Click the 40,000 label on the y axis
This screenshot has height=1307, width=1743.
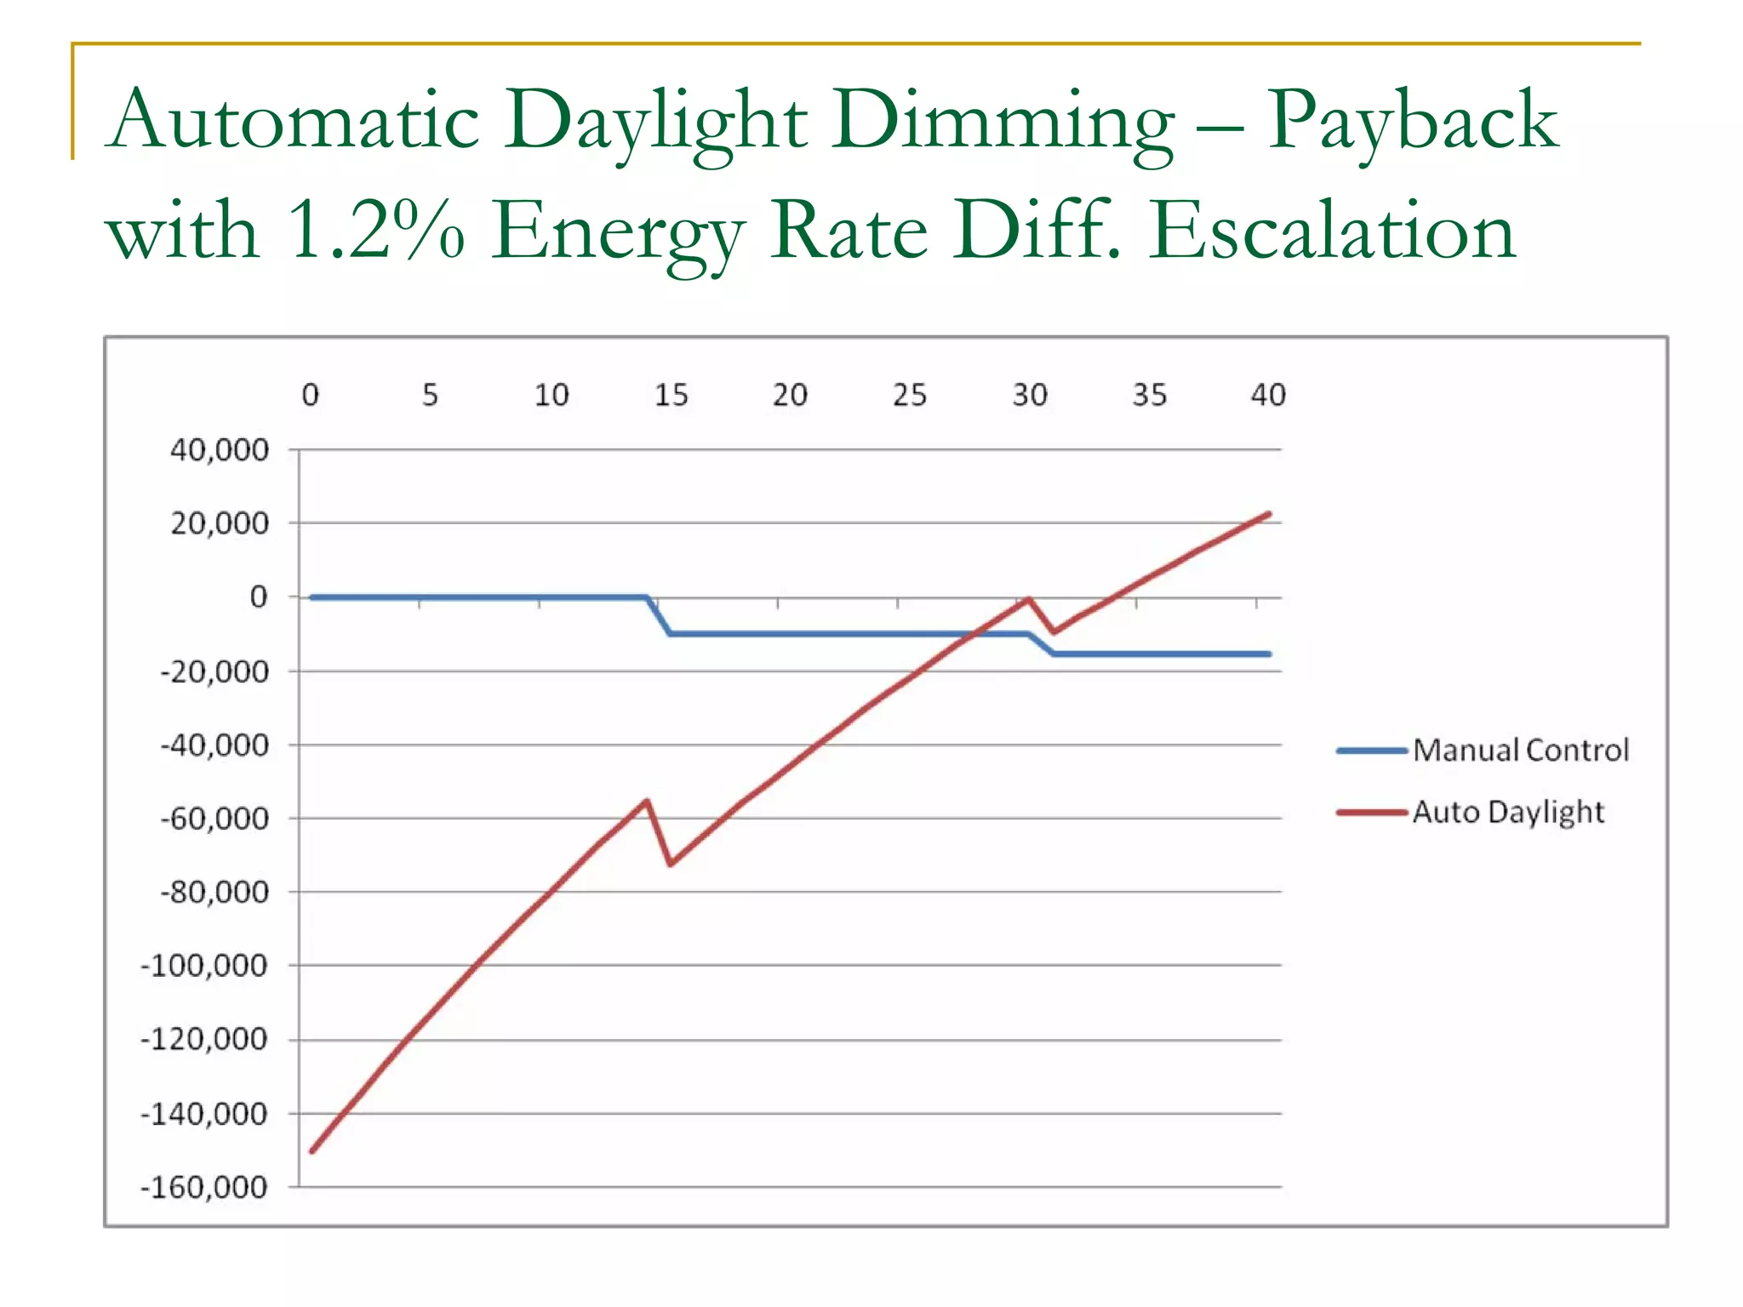pyautogui.click(x=220, y=449)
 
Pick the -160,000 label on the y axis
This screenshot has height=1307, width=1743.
pyautogui.click(x=204, y=1187)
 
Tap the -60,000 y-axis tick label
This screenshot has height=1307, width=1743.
pyautogui.click(x=214, y=819)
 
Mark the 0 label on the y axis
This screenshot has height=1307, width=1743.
pyautogui.click(x=259, y=597)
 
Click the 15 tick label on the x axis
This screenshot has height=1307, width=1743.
pyautogui.click(x=671, y=395)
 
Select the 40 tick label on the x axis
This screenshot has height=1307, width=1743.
pyautogui.click(x=1268, y=395)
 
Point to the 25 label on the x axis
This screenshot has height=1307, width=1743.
pyautogui.click(x=909, y=395)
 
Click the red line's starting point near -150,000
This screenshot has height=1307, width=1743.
pyautogui.click(x=312, y=1150)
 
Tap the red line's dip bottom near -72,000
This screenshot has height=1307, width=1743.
pyautogui.click(x=671, y=864)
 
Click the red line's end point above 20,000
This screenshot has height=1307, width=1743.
pyautogui.click(x=1269, y=514)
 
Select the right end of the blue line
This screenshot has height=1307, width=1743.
pyautogui.click(x=1269, y=653)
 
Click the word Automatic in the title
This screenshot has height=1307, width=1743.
pyautogui.click(x=294, y=121)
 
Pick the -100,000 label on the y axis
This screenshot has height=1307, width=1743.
pyautogui.click(x=204, y=966)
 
